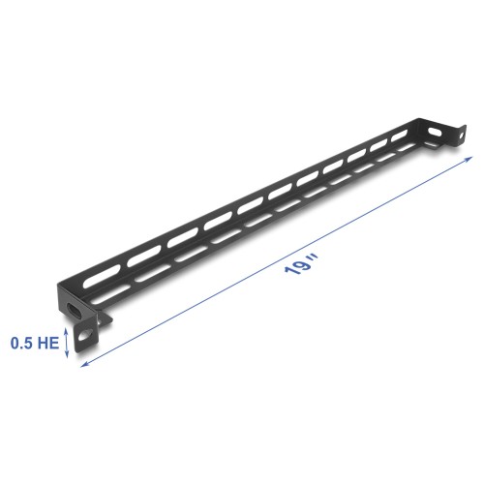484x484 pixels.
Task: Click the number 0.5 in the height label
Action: click(x=20, y=341)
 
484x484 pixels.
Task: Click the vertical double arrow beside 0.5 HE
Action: click(x=66, y=341)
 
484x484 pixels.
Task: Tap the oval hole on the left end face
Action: click(x=74, y=311)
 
